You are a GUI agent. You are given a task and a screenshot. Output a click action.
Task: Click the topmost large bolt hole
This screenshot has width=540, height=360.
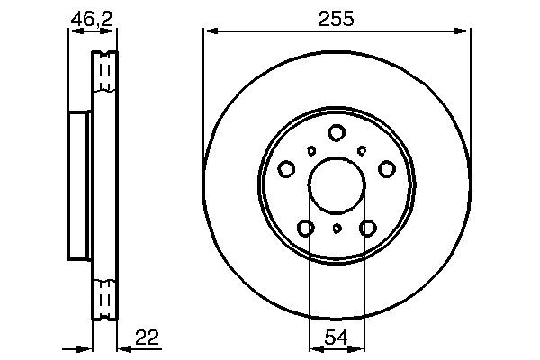337,132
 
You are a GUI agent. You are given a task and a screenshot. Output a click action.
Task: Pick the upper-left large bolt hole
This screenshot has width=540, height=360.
286,168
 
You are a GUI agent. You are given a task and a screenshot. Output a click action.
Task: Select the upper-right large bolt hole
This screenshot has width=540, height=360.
387,168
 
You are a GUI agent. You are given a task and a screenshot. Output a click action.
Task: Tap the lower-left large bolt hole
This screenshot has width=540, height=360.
306,229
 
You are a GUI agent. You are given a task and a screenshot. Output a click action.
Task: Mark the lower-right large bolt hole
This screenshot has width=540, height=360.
367,229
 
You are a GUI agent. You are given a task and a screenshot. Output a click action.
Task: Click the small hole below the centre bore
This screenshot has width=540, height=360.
337,229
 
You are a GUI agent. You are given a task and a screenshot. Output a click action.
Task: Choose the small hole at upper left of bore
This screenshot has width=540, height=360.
311,150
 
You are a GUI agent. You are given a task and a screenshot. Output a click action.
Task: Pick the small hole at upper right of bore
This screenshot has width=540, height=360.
362,150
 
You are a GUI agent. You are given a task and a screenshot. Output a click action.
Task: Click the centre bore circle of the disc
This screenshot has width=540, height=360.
337,186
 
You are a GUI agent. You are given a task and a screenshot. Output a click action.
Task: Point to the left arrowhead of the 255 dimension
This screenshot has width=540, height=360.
209,31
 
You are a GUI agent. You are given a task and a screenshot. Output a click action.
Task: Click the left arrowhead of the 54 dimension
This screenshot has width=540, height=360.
313,347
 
